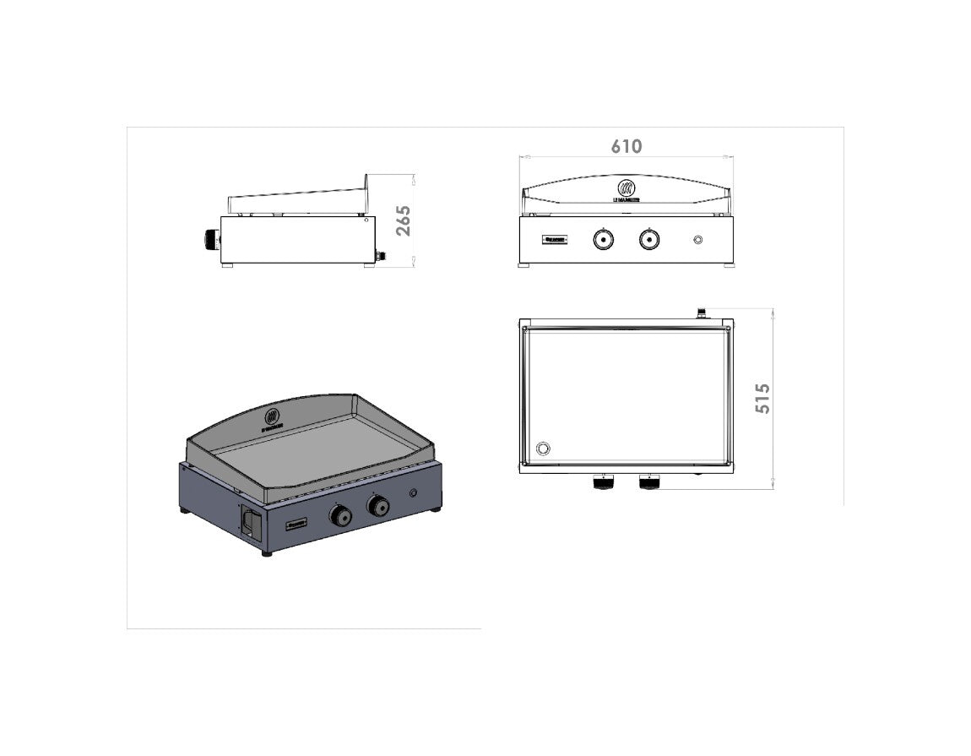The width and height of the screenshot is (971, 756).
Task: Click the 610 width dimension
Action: (x=626, y=146)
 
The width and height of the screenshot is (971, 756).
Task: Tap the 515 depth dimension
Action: (x=762, y=398)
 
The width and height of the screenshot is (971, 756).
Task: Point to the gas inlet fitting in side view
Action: (x=380, y=254)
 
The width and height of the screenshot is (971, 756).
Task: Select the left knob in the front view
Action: (x=603, y=240)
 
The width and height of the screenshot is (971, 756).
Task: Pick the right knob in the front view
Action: (x=648, y=240)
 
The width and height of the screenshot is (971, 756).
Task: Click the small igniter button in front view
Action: (x=697, y=241)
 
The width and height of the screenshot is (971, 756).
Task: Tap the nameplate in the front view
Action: (x=555, y=241)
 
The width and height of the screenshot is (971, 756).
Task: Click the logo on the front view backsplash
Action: (x=626, y=188)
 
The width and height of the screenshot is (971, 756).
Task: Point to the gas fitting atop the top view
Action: (x=701, y=313)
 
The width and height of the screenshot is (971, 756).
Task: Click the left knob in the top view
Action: (x=603, y=483)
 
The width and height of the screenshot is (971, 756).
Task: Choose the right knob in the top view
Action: (x=648, y=483)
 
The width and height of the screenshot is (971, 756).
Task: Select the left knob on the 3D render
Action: (x=340, y=514)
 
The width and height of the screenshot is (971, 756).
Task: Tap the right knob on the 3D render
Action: (x=377, y=505)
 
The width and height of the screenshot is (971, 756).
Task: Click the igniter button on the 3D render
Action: (x=413, y=493)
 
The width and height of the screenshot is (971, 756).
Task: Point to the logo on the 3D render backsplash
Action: (x=273, y=416)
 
